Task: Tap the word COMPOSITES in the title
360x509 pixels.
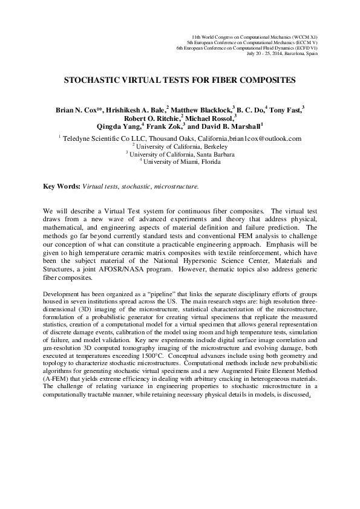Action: (x=265, y=80)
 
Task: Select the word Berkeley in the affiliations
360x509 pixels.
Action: (x=212, y=146)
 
